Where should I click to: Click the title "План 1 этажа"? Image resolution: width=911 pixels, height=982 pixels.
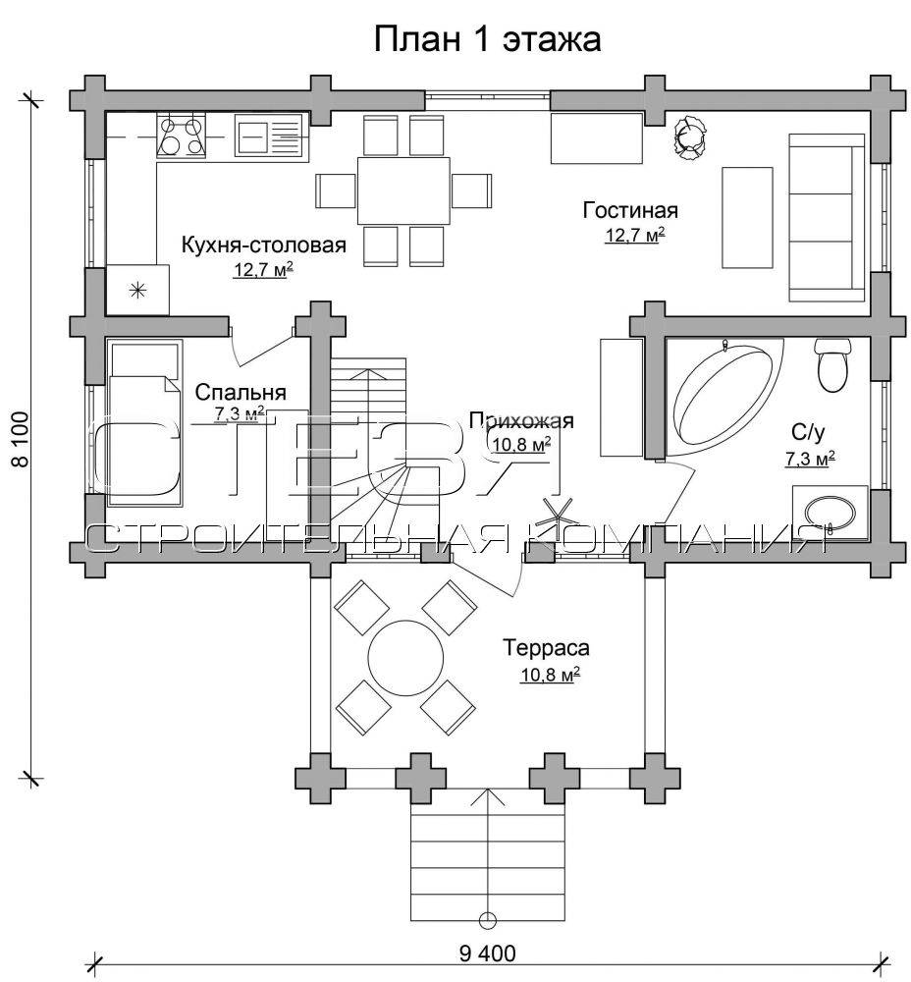click(487, 39)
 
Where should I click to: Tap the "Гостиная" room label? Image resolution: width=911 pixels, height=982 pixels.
click(630, 210)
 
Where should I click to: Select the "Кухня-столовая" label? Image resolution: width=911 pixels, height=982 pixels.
click(264, 245)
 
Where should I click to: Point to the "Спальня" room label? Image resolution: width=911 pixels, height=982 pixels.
click(241, 393)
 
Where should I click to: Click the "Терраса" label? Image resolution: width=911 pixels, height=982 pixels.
click(547, 647)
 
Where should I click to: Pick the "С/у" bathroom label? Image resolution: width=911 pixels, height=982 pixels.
click(808, 432)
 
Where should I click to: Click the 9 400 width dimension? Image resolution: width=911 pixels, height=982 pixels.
click(488, 954)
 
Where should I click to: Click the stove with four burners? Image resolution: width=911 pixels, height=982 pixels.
click(182, 134)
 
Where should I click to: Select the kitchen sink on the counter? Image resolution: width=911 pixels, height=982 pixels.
click(272, 135)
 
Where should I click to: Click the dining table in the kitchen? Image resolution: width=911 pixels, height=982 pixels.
click(403, 191)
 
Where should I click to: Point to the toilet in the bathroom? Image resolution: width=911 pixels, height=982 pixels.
click(832, 365)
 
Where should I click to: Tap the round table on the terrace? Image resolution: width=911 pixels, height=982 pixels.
click(405, 658)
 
